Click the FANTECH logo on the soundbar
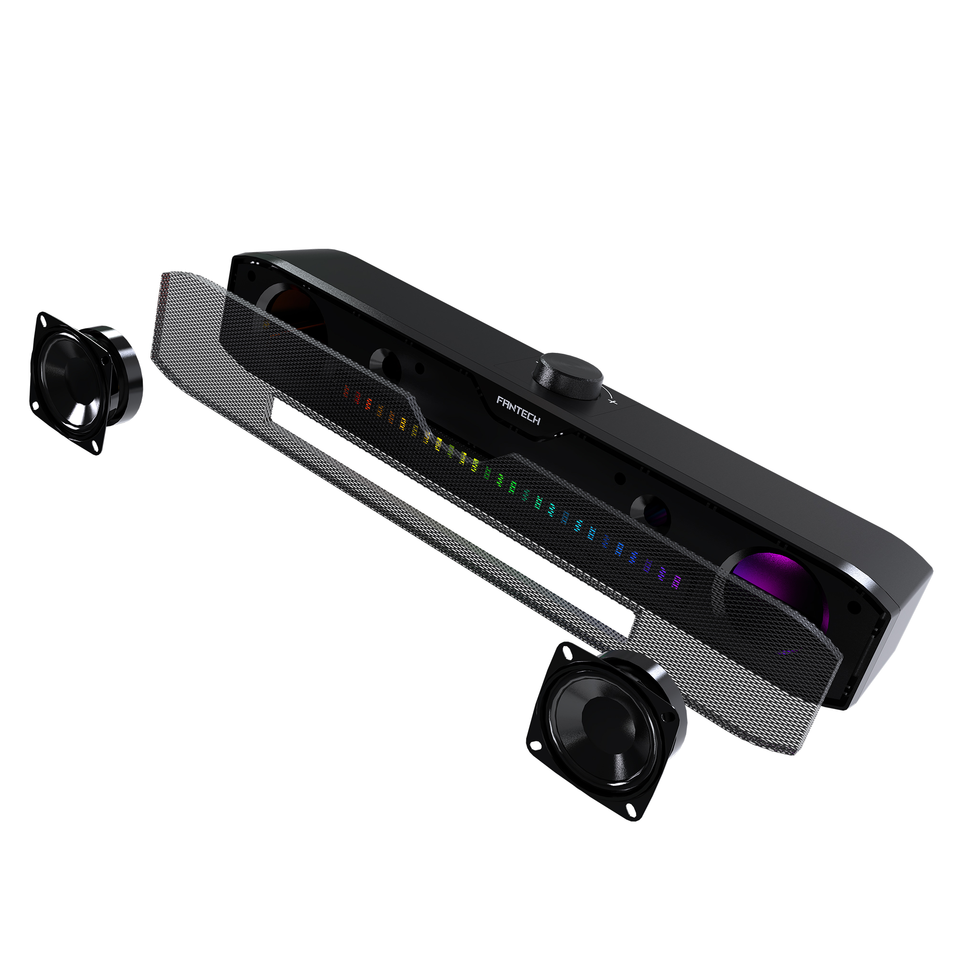tap(518, 410)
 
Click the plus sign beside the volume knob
tap(613, 402)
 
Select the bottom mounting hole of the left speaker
tap(94, 448)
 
